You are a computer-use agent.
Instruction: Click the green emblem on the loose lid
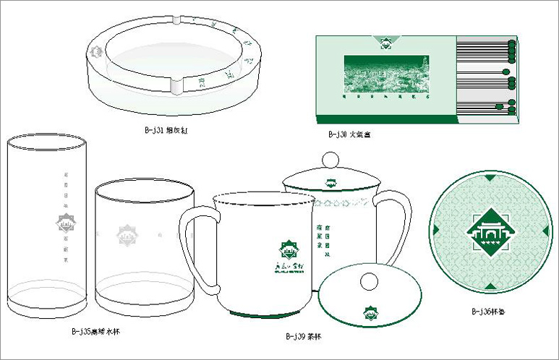[370, 312]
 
